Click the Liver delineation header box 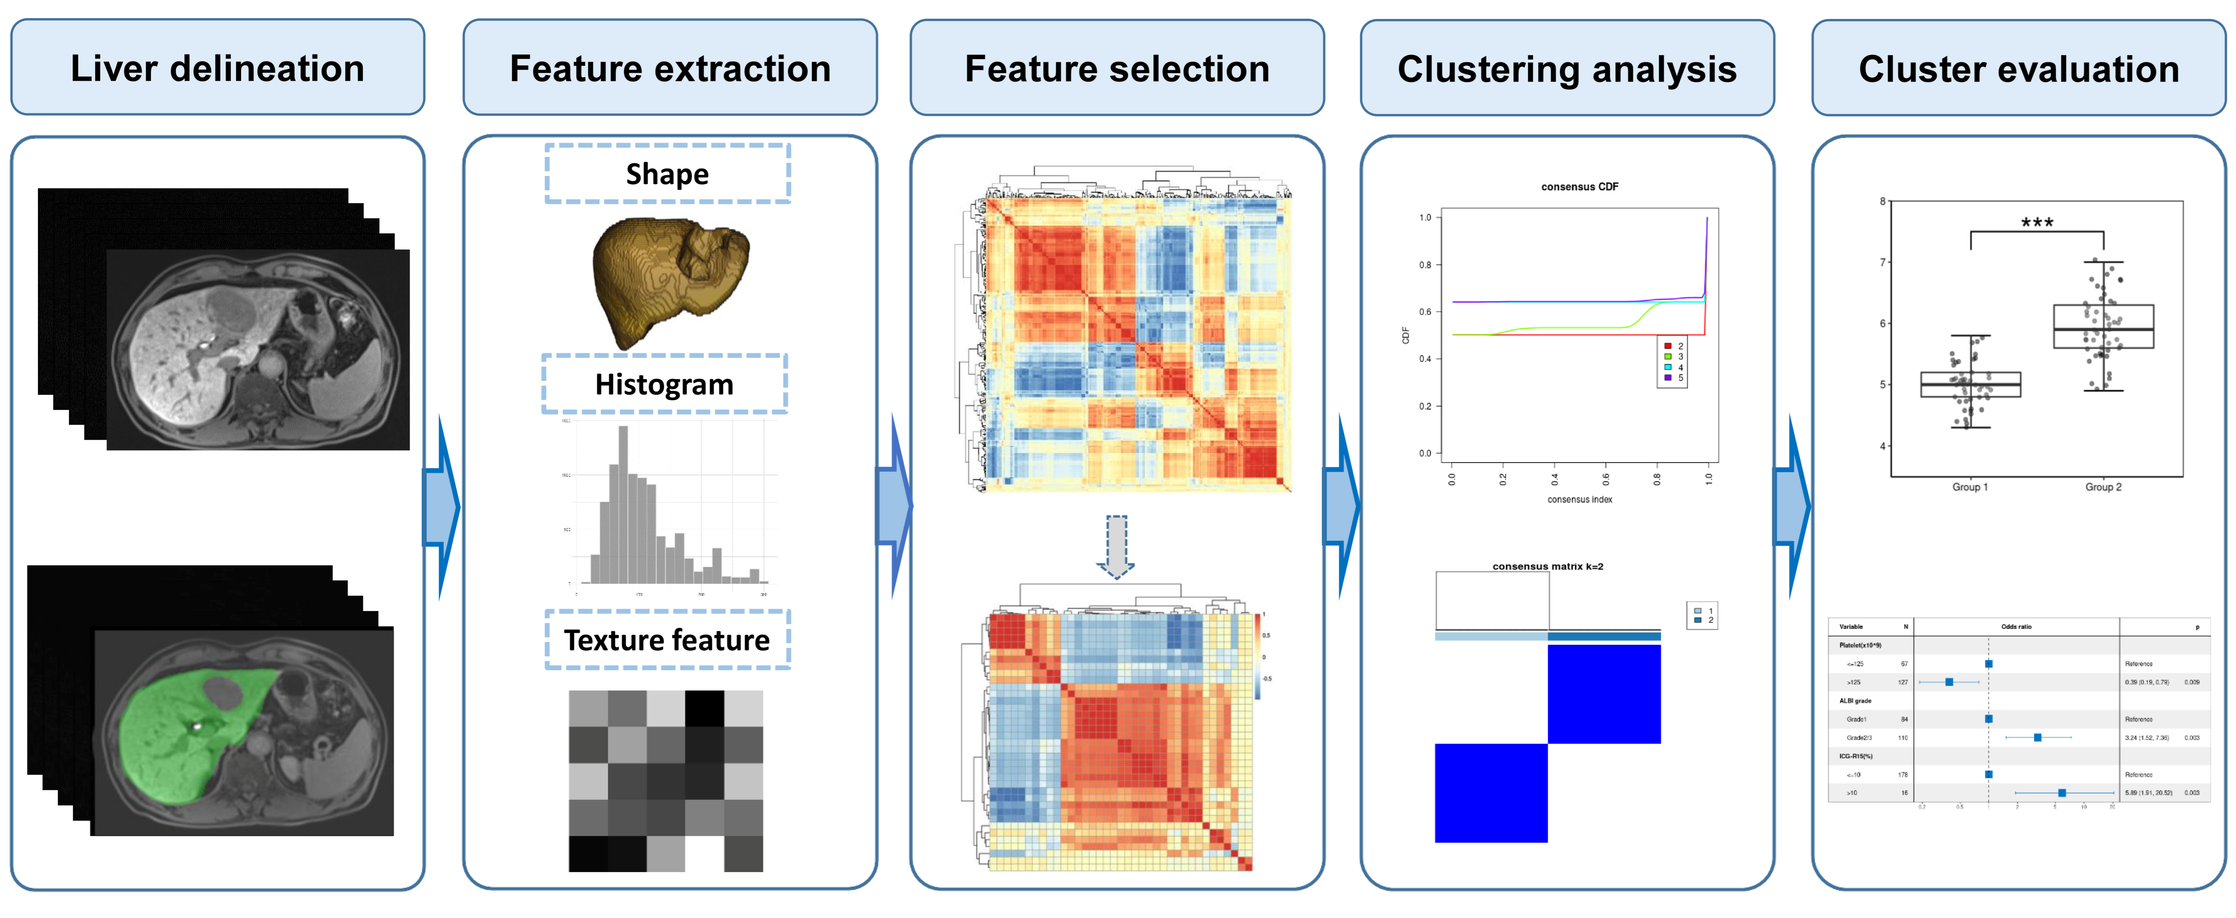(217, 68)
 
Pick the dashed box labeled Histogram (664, 384)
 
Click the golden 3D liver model (668, 278)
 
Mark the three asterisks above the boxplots (2036, 222)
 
